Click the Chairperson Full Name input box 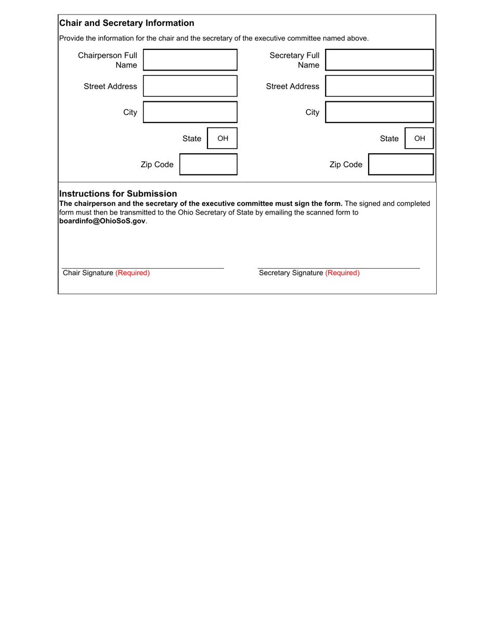[x=190, y=60]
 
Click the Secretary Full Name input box [x=379, y=60]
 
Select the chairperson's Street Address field [x=190, y=86]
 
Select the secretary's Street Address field [x=379, y=86]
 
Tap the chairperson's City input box [x=190, y=112]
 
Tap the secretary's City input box [x=379, y=112]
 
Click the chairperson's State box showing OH [x=223, y=139]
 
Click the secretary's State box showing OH [x=419, y=139]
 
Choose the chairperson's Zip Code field [x=208, y=165]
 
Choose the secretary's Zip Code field [x=401, y=165]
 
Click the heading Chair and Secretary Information [x=127, y=23]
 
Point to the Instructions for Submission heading [x=118, y=194]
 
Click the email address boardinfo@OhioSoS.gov [x=103, y=221]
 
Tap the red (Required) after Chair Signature [x=133, y=273]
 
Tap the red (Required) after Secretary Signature [x=342, y=273]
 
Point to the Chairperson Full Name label [x=108, y=60]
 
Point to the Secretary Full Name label [x=294, y=60]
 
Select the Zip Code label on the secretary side [x=346, y=165]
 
